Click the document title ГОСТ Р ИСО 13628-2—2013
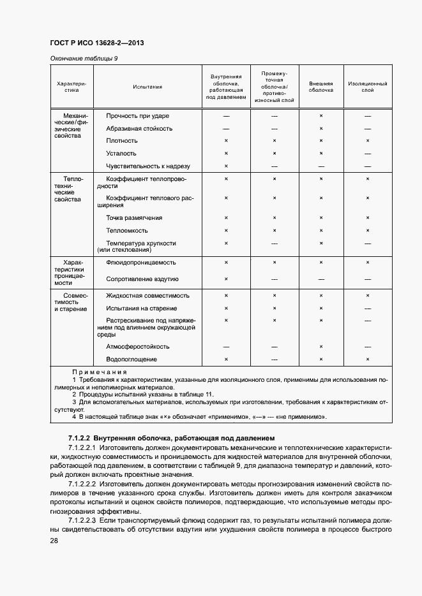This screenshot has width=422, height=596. pos(96,43)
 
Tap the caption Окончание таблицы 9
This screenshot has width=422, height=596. pos(84,59)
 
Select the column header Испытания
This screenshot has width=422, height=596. pos(147,87)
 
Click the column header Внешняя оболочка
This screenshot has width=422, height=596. pos(321,87)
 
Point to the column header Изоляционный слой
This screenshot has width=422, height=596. pos(368,87)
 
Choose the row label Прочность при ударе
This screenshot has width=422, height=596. pos(137,116)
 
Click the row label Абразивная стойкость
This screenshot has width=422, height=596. pos(139,128)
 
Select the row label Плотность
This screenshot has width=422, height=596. pos(122,141)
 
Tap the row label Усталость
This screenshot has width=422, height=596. pos(121,154)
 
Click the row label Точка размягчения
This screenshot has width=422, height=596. pos(134,218)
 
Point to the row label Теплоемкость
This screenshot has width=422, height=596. pos(127,231)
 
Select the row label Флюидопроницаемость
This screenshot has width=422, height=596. pos(141,263)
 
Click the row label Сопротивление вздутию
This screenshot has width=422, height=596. pos(142,279)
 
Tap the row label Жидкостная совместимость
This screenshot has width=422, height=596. pos(148,296)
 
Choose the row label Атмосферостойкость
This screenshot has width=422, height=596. pos(138,347)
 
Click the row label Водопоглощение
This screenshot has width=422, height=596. pos(132,360)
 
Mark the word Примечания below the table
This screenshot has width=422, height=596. pos(99,372)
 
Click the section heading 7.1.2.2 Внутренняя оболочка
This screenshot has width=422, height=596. pos(171,439)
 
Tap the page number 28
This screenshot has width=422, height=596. pos(54,541)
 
